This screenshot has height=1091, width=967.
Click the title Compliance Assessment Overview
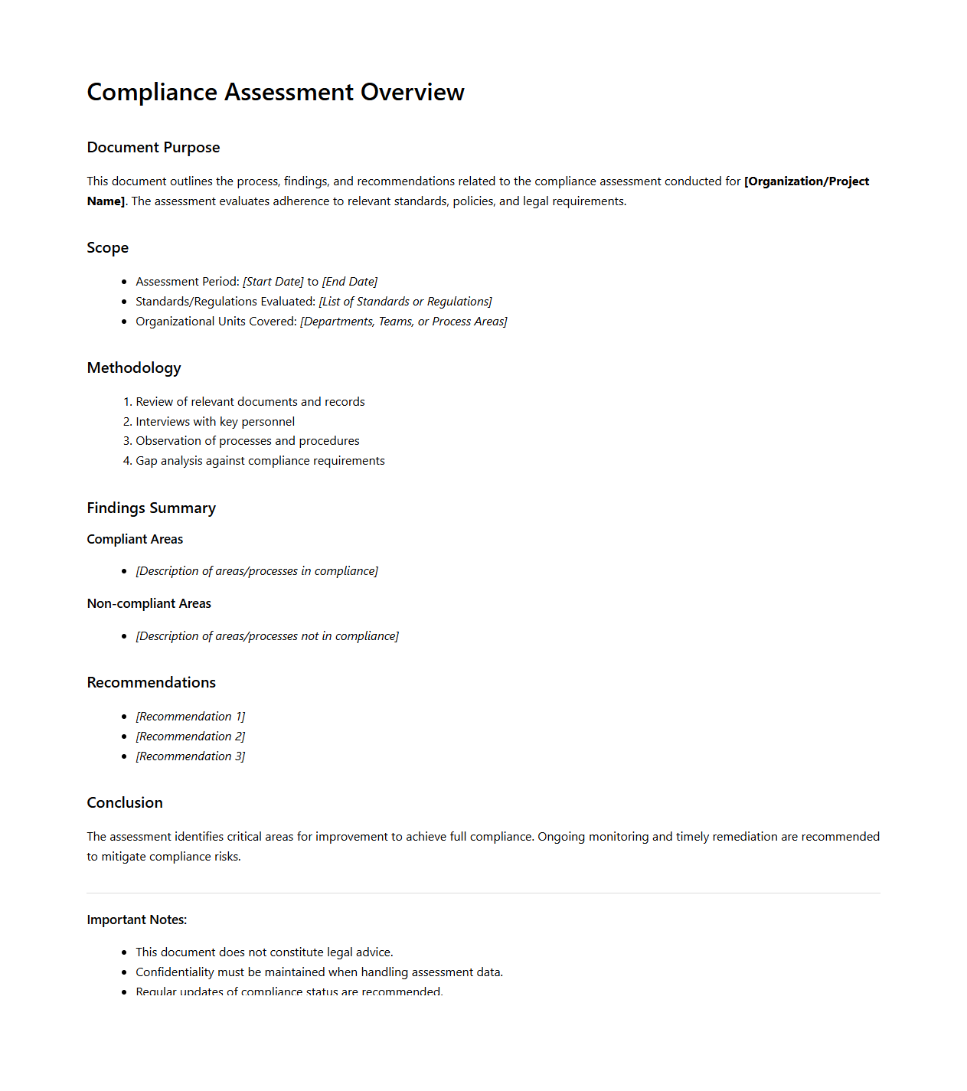[x=276, y=92]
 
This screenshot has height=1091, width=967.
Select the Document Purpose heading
[x=153, y=148]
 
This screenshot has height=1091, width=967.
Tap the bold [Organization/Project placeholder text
[x=806, y=181]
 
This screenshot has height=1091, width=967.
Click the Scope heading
[x=107, y=248]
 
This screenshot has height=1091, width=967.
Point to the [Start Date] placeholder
[x=273, y=282]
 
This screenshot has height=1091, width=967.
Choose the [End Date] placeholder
[x=350, y=282]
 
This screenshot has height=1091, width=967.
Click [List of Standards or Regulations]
[x=405, y=302]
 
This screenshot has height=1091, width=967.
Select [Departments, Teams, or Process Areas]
[x=403, y=322]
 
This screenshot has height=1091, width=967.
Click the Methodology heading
[x=134, y=368]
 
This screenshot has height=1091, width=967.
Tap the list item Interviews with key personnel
[x=215, y=422]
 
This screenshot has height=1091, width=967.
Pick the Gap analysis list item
[x=260, y=461]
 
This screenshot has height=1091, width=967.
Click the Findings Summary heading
[x=151, y=508]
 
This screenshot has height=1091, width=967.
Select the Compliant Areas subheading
[x=135, y=540]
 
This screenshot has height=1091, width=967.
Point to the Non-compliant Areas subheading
[x=149, y=604]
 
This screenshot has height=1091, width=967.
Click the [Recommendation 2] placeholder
[x=191, y=737]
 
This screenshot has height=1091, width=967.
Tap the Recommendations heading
[x=151, y=683]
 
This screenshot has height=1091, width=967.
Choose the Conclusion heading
[x=125, y=803]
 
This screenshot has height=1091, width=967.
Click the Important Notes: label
[x=136, y=920]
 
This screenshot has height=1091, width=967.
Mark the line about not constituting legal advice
[x=264, y=952]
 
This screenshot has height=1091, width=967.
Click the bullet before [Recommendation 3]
[x=124, y=756]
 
